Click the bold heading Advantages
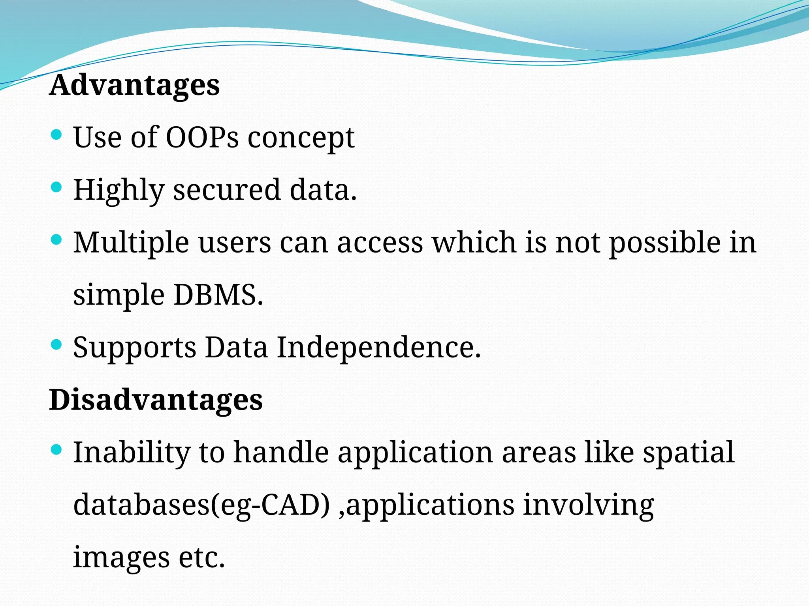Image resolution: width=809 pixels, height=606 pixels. pos(134,86)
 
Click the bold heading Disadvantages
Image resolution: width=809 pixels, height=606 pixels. pos(156,400)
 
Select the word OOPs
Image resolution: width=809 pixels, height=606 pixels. pos(202,137)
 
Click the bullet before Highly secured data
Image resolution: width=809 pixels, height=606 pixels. pos(56,187)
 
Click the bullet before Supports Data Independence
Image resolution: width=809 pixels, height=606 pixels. pos(56,344)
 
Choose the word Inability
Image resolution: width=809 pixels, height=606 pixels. pos(132,453)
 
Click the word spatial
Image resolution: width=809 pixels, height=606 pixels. pos(689,453)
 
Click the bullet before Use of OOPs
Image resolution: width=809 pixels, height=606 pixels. pos(56,135)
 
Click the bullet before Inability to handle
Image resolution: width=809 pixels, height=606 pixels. pos(56,449)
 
